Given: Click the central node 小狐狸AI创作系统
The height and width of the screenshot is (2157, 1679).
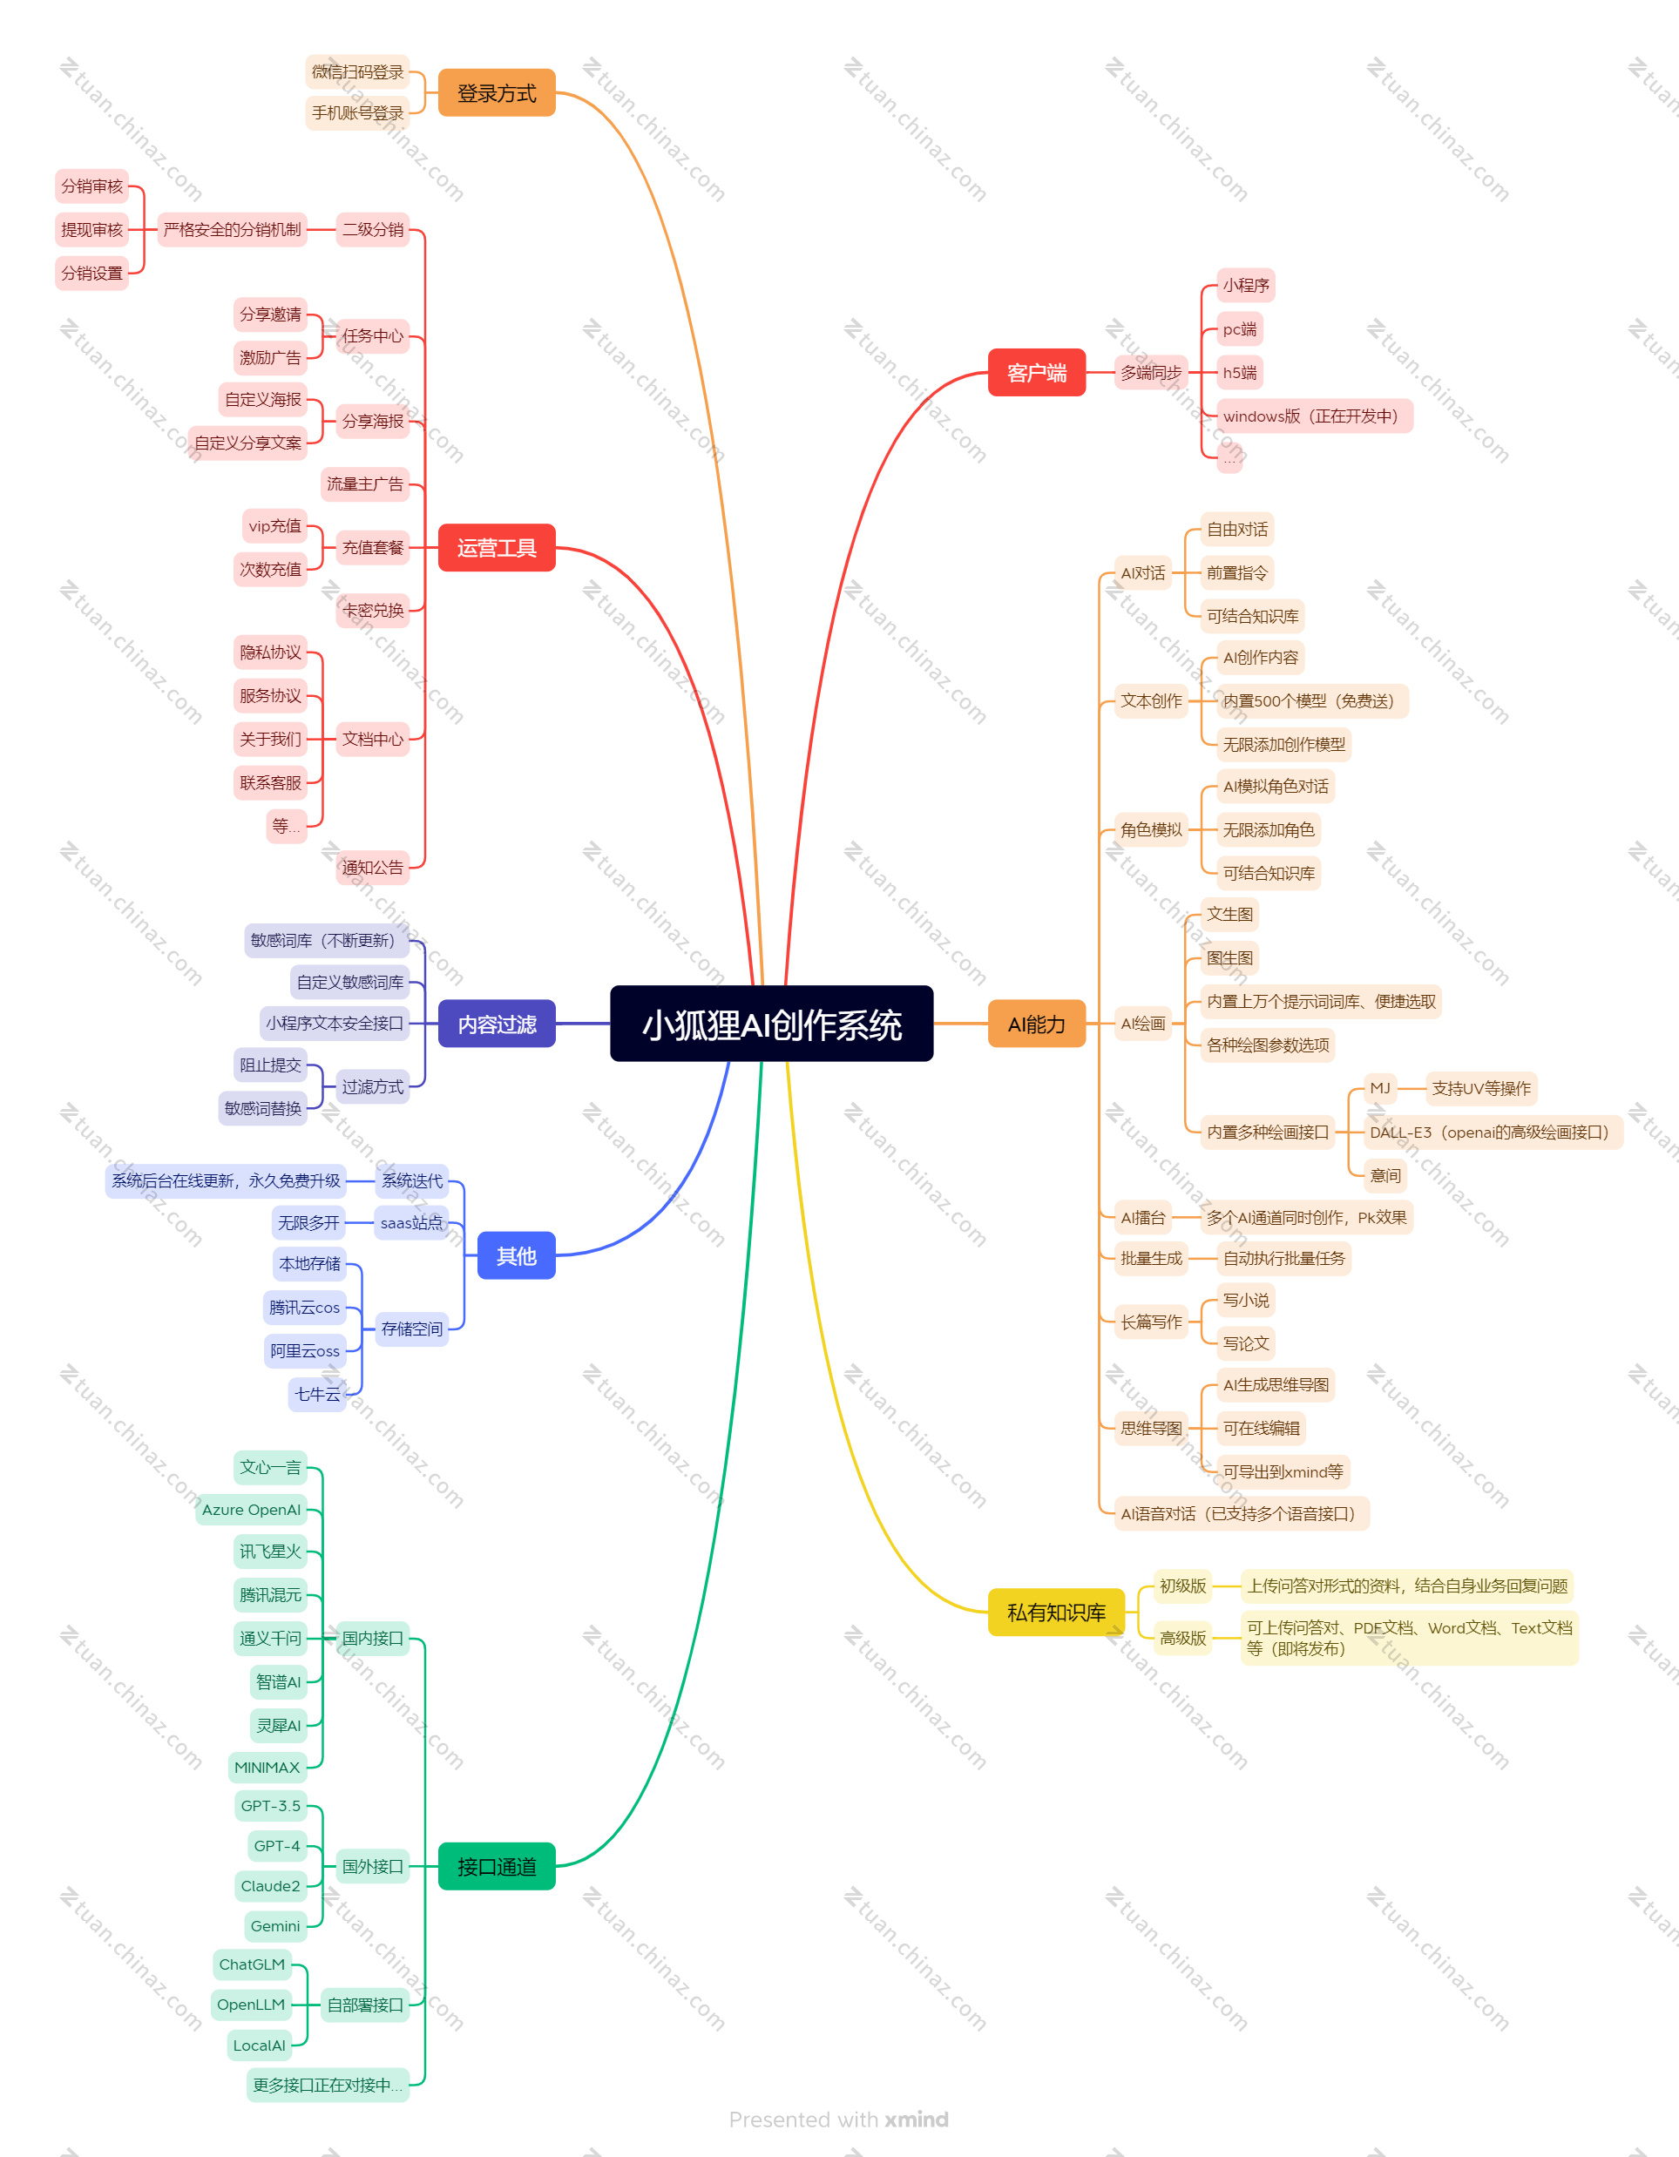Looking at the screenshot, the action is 771,1024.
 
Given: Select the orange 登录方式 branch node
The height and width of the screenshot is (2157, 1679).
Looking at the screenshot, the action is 497,93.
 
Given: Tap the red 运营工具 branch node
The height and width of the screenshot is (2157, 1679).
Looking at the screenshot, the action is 497,547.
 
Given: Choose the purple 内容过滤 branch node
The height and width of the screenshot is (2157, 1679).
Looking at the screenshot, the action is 497,1024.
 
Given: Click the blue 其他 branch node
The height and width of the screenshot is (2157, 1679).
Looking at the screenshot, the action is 517,1255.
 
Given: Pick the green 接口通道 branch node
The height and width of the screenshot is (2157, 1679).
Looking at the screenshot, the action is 497,1866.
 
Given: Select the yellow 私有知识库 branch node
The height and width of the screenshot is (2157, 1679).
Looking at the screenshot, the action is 1056,1612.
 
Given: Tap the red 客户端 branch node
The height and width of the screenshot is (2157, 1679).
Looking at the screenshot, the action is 1037,372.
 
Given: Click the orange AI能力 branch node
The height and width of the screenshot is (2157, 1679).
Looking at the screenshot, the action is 1037,1024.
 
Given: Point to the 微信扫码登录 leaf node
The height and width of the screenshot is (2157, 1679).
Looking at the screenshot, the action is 357,71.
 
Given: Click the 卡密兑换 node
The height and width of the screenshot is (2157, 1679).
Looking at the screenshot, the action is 372,609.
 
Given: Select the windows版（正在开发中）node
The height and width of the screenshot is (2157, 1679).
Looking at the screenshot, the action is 1315,416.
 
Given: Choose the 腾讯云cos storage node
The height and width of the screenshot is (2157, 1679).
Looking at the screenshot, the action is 304,1307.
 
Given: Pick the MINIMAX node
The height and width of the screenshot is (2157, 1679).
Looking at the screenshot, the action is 267,1767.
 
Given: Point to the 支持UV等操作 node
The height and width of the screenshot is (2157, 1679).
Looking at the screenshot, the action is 1481,1088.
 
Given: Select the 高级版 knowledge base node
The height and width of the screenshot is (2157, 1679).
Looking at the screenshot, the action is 1182,1638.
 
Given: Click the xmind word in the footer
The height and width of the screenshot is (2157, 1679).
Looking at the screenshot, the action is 917,2119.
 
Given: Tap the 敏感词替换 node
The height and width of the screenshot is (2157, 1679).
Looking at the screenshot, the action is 263,1108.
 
